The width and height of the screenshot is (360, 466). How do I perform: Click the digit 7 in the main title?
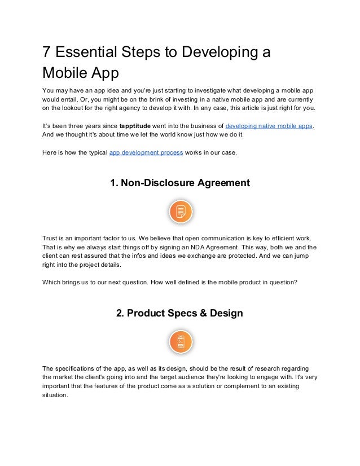point(47,52)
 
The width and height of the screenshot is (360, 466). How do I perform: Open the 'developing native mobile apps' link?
point(269,125)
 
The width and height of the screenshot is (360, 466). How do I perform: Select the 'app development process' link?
point(146,152)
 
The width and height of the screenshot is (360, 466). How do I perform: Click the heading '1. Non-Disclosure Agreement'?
point(179,183)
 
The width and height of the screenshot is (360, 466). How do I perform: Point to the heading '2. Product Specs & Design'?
point(179,313)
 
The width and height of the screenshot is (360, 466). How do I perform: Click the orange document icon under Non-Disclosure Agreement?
point(181,212)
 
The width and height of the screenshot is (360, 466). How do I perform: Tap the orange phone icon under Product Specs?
point(181,342)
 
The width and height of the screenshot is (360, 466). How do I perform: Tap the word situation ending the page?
point(55,395)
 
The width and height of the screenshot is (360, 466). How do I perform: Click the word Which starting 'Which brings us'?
point(52,282)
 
